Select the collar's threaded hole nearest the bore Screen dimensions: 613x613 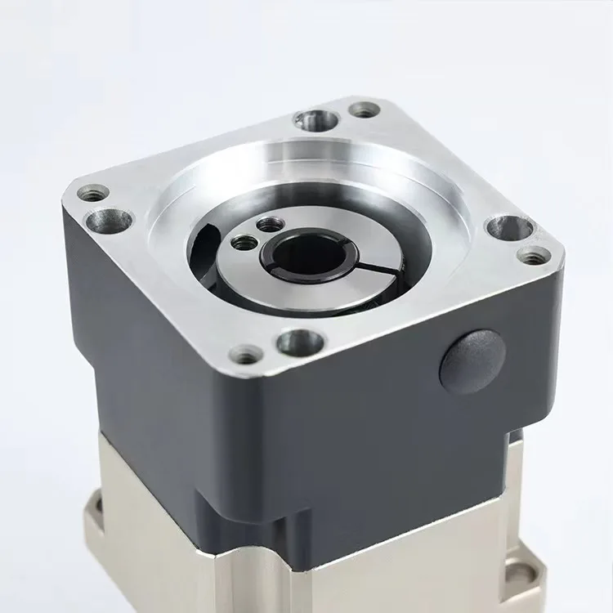244,242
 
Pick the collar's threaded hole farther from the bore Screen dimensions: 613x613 269,223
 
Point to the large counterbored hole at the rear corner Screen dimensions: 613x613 317,121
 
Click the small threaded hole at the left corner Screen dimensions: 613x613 93,193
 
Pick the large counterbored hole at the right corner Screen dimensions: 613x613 508,228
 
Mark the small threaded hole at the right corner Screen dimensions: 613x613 534,256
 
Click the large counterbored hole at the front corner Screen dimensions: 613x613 300,342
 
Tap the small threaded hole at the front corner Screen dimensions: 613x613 246,355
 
